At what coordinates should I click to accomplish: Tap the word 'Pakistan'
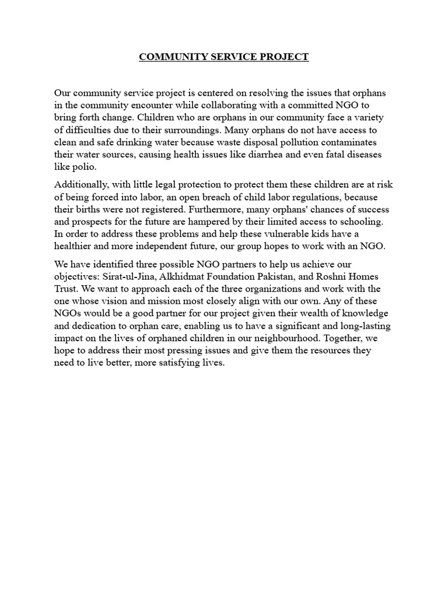(279, 276)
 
